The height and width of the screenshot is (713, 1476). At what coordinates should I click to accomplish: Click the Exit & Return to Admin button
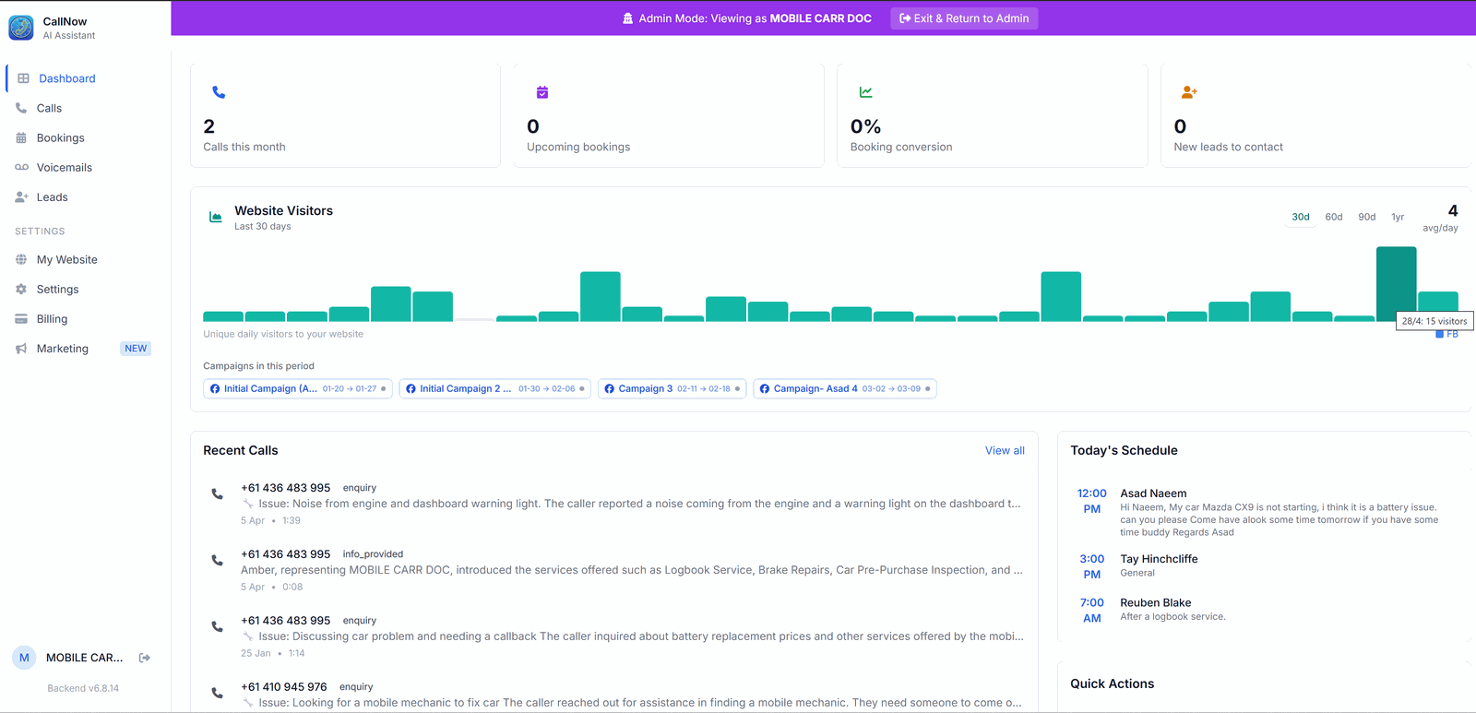964,18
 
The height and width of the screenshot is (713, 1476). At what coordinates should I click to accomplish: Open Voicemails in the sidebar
64,167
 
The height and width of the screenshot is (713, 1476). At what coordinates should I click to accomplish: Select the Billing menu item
52,319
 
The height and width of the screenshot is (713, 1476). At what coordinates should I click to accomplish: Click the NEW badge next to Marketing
136,349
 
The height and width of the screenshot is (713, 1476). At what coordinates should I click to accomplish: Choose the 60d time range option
1334,217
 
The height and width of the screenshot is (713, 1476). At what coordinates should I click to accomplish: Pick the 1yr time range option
1398,217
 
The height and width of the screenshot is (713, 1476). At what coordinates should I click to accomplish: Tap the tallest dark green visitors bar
1396,284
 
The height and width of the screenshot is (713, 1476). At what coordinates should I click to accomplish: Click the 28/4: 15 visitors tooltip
1434,321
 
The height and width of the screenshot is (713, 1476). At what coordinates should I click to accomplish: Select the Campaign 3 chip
673,389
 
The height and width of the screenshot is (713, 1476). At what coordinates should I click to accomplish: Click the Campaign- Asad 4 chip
845,389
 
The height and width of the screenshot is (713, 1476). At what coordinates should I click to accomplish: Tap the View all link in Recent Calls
1005,451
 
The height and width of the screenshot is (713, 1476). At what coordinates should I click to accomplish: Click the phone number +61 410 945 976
284,686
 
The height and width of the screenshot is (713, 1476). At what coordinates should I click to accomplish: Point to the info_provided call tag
373,554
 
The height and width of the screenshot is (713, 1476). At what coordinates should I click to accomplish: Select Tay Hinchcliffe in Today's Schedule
1159,559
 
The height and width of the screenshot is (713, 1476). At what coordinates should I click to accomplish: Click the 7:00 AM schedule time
1092,611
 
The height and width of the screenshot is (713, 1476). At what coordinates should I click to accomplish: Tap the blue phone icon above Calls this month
219,92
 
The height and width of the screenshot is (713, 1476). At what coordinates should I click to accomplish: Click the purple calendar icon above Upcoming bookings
542,92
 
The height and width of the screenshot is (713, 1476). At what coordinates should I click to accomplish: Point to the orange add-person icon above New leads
1189,92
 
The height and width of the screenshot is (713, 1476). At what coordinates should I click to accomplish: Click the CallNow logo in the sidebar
21,28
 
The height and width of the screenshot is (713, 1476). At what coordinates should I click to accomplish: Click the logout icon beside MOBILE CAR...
145,658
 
